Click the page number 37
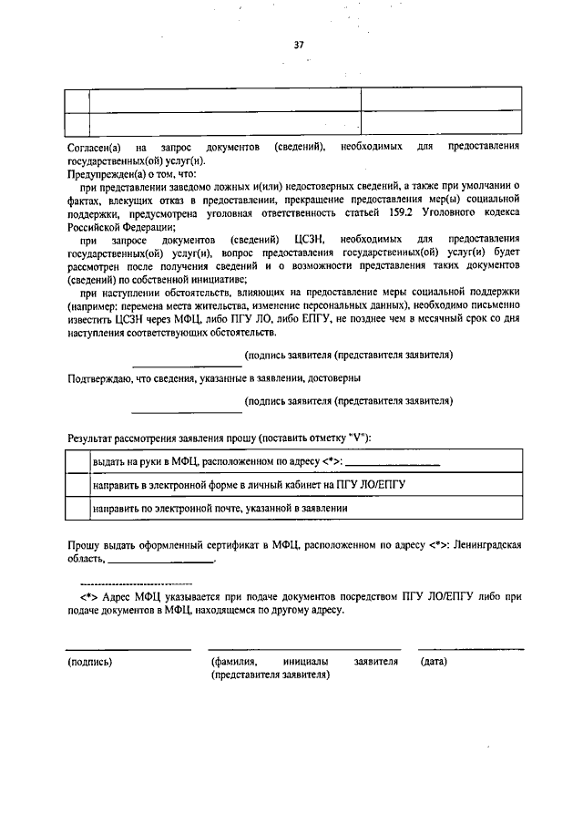coord(298,45)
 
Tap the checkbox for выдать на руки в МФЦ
coord(77,462)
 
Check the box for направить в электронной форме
coord(77,484)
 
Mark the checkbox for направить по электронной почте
coord(77,507)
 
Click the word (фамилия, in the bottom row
coord(232,661)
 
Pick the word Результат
coord(93,438)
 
